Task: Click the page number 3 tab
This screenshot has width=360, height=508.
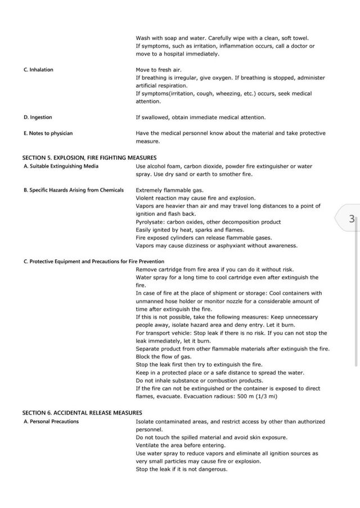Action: [x=350, y=219]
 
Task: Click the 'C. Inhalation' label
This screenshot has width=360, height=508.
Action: [x=38, y=70]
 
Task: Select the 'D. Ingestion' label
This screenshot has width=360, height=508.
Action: [x=38, y=117]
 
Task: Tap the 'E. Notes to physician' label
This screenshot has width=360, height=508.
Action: [x=48, y=133]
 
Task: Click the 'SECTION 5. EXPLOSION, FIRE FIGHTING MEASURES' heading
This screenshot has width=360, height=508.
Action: [x=89, y=158]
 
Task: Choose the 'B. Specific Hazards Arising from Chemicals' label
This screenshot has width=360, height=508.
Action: [x=73, y=190]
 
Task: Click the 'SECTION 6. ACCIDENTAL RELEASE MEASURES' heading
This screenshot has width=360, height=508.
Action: [x=82, y=412]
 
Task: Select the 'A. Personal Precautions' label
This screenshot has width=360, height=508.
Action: [x=51, y=421]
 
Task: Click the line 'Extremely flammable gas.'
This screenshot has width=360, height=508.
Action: [x=169, y=190]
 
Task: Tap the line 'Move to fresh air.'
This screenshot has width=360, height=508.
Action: [x=159, y=70]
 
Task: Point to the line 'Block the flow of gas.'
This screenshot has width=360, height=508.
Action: [x=163, y=357]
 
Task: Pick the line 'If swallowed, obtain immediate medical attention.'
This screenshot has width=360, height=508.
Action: [x=201, y=117]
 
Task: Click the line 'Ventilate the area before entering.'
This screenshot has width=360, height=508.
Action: [x=181, y=445]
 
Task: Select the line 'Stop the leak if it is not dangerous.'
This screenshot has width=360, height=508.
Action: [x=182, y=469]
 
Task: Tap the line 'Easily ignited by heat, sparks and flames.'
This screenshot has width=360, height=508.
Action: [x=190, y=230]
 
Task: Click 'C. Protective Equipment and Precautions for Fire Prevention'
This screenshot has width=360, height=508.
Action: [x=93, y=261]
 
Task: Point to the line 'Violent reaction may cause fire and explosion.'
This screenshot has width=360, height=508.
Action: [x=195, y=198]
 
